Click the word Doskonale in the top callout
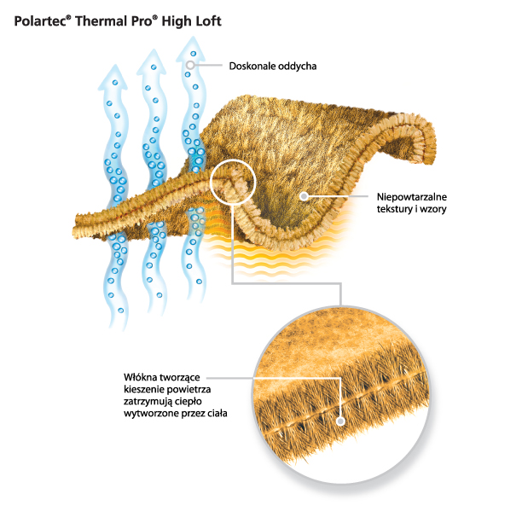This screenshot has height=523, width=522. (254, 66)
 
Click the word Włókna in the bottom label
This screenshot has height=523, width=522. (144, 375)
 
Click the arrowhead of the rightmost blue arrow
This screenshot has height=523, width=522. (192, 47)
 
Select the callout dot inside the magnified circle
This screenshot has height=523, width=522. (340, 420)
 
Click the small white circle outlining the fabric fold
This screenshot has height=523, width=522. (232, 181)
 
